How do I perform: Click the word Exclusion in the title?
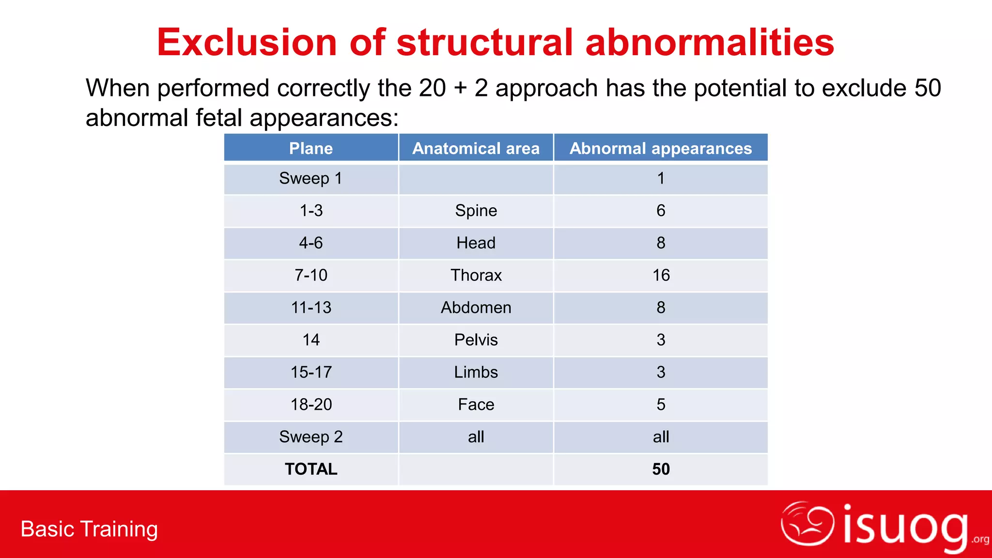(247, 43)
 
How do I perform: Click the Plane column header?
(311, 148)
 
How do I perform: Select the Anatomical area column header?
(476, 148)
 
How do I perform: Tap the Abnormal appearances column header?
(661, 148)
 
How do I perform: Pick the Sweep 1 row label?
(311, 179)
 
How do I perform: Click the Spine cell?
(476, 211)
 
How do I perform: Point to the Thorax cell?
(476, 276)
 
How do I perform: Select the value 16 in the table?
(661, 276)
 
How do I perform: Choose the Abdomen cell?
(476, 308)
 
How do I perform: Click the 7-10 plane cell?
(311, 276)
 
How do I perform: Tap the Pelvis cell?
(476, 340)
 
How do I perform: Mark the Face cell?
(476, 404)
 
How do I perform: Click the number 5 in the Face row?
(661, 404)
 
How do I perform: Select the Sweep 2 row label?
(311, 437)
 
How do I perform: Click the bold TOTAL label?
(311, 469)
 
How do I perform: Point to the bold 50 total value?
(661, 469)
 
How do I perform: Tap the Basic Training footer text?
(89, 529)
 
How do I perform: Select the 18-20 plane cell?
(311, 404)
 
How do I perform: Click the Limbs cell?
(476, 372)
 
